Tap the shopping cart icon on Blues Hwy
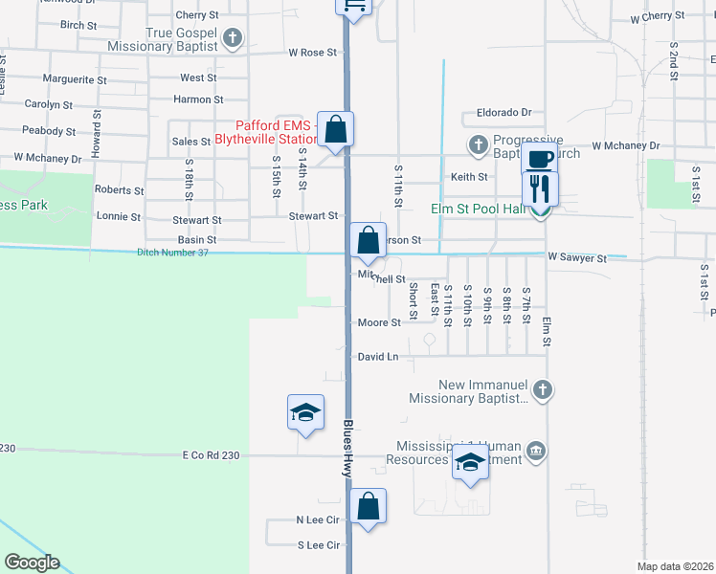(354, 6)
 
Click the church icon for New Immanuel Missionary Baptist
(543, 389)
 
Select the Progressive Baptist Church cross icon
(478, 144)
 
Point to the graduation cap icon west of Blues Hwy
(305, 412)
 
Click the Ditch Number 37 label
(172, 253)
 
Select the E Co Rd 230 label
(211, 455)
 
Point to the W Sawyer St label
(577, 258)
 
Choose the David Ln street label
(377, 357)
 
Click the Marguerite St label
(75, 79)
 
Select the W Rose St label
(313, 53)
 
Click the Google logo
(32, 563)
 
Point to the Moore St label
(379, 323)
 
